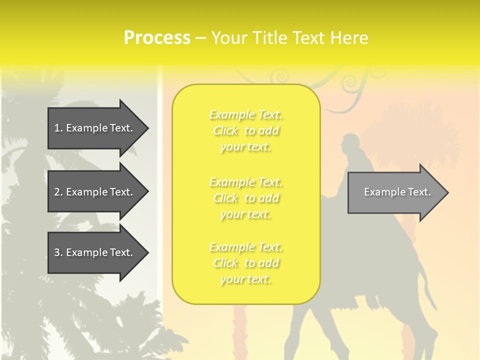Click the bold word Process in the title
(x=157, y=38)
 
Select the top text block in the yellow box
(x=246, y=130)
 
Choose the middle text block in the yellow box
(x=246, y=198)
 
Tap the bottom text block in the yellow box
(x=246, y=263)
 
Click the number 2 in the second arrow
(x=57, y=192)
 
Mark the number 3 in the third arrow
(x=57, y=252)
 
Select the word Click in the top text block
(x=225, y=131)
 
